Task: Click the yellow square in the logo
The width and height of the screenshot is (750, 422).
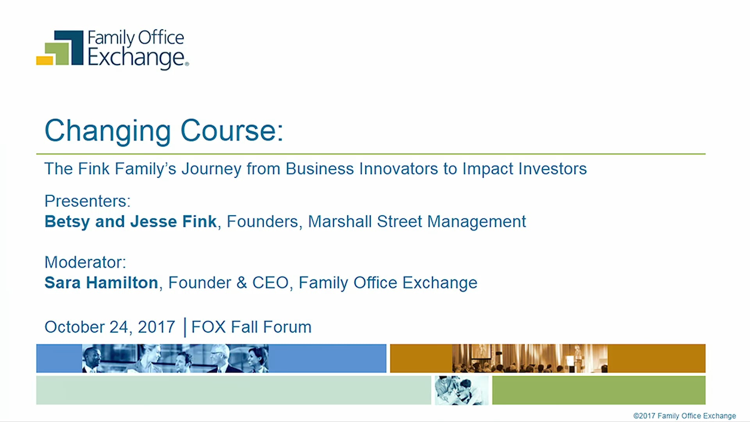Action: point(44,61)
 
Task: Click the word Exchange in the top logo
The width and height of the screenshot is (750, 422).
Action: point(136,57)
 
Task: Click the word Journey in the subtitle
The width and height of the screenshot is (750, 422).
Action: point(211,169)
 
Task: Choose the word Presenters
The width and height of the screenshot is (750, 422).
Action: point(87,201)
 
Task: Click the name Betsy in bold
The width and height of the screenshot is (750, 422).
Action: point(67,222)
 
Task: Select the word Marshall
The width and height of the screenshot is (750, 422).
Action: point(339,222)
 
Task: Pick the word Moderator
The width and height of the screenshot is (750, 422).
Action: point(85,262)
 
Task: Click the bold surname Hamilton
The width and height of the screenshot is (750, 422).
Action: point(122,283)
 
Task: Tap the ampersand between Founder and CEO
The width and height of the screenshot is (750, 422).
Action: point(242,283)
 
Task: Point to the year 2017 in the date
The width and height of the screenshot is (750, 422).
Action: point(156,327)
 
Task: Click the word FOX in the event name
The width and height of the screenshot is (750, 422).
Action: point(208,327)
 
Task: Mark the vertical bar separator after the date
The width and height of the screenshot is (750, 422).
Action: point(184,327)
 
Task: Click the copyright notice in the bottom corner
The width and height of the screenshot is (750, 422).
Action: point(684,416)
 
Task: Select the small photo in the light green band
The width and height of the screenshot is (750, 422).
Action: point(461,390)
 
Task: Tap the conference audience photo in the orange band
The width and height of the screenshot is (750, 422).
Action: point(530,358)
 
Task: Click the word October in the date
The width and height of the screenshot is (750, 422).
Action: point(75,327)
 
